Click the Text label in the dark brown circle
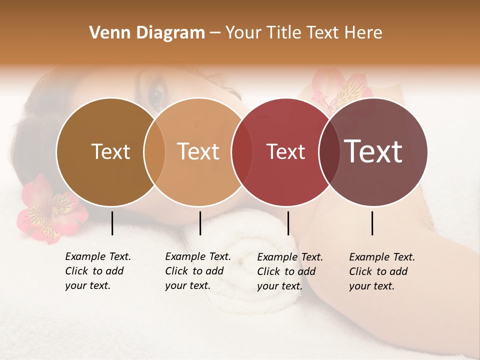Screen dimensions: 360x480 (x=111, y=151)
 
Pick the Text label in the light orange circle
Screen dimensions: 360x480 (x=198, y=151)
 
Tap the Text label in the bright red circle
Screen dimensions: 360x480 (x=285, y=151)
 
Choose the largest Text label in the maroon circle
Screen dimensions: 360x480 (x=373, y=151)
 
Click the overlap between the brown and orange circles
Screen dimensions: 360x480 (x=154, y=151)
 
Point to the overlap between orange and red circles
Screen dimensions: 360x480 (x=242, y=151)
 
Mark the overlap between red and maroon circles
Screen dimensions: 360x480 (x=329, y=151)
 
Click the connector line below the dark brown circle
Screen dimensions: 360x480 (x=112, y=223)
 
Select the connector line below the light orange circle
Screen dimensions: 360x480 (x=200, y=223)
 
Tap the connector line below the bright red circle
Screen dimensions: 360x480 (x=288, y=223)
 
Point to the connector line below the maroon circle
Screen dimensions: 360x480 (x=372, y=223)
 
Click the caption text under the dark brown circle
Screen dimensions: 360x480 (x=97, y=271)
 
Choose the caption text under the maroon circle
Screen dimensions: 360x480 (x=381, y=271)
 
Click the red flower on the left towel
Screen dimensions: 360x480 (x=47, y=210)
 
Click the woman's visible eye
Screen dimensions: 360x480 (x=156, y=93)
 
